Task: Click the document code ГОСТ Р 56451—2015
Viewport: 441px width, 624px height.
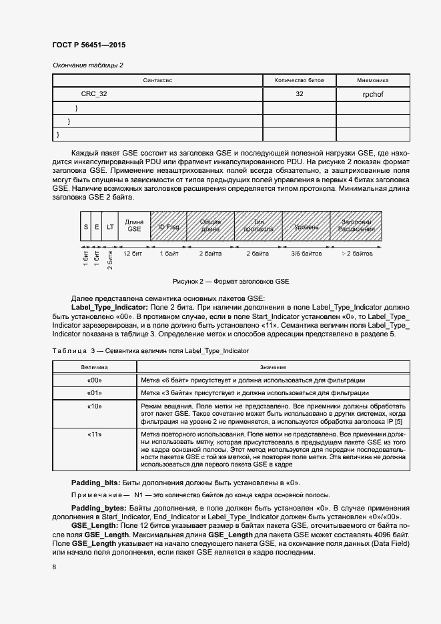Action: (x=89, y=45)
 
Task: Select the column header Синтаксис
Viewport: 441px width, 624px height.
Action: (x=158, y=80)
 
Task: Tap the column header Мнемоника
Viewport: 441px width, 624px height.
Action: (x=372, y=80)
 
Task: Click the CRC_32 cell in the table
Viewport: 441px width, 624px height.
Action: (x=94, y=95)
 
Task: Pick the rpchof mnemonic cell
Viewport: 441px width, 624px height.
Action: (x=372, y=95)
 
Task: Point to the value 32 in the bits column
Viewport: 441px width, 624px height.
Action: (x=299, y=95)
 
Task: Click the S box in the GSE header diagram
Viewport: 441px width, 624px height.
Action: (x=85, y=228)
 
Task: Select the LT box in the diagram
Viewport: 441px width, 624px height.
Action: (x=110, y=228)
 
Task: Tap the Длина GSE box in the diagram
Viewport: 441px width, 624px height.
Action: (x=134, y=228)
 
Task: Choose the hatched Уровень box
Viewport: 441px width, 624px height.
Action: (x=306, y=228)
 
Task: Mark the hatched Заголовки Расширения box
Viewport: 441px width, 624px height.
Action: (x=357, y=228)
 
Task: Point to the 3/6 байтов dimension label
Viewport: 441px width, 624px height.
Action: (x=306, y=254)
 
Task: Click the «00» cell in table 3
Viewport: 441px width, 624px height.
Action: (x=94, y=380)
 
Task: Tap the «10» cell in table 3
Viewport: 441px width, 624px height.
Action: (x=94, y=406)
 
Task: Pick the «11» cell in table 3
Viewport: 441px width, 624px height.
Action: (x=94, y=434)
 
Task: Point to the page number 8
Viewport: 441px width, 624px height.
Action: (x=54, y=567)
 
